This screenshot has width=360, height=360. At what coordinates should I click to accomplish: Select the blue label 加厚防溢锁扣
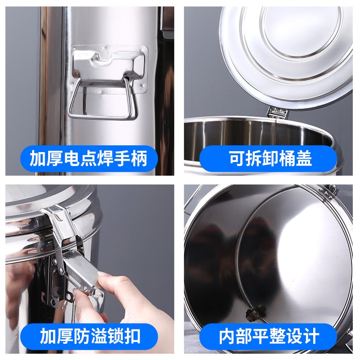tap(90, 336)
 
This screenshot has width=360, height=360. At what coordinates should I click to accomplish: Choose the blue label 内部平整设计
tap(269, 336)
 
